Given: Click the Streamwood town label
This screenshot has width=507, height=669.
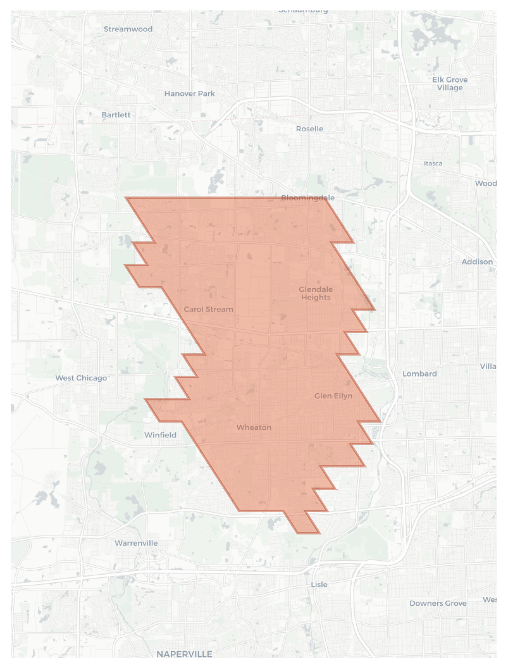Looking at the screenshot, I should [128, 29].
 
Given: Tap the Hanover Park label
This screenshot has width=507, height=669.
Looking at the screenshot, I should [189, 94].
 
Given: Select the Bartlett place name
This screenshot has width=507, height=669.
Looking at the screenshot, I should [116, 115].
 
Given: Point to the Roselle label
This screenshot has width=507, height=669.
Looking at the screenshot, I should [310, 129].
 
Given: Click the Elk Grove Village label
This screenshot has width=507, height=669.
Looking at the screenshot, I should [450, 83].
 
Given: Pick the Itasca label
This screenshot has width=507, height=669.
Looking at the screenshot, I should [433, 163].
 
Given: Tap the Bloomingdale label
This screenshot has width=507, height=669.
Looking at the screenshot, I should [308, 198].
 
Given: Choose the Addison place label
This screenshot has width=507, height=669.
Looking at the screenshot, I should [477, 262].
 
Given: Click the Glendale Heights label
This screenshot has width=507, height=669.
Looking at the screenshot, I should [316, 293].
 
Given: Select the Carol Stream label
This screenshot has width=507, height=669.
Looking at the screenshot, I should [209, 309].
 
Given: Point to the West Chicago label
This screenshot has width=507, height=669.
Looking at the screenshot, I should [81, 378].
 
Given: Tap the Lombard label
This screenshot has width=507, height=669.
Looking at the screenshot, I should [420, 374].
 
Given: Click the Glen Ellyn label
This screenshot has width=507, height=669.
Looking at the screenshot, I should [333, 396].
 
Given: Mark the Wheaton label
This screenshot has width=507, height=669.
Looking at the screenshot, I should [254, 427].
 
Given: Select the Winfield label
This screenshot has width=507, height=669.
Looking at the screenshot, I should [160, 435].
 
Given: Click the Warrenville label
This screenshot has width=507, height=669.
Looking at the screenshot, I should [136, 543].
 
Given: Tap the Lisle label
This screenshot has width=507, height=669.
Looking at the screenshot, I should [319, 584].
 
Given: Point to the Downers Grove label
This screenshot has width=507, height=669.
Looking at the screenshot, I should [438, 603].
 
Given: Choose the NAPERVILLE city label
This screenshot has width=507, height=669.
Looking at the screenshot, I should [184, 654].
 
